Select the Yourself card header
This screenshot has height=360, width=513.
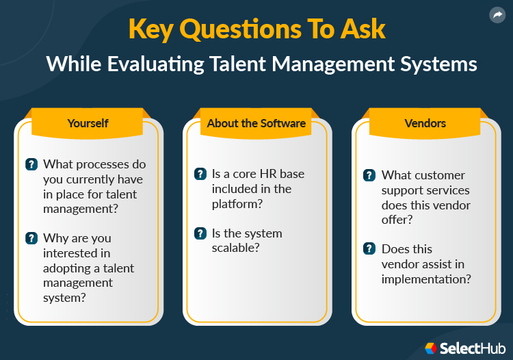88,123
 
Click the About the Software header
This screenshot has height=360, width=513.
256,123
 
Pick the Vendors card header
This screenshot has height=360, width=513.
425,123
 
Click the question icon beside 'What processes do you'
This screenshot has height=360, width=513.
31,164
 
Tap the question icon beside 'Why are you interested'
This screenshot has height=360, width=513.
31,238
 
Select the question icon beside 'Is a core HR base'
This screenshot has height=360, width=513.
200,174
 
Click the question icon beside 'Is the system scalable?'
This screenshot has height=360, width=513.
200,233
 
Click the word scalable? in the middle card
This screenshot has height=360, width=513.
236,248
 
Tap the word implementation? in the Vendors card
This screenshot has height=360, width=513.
426,279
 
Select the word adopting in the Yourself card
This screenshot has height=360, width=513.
65,268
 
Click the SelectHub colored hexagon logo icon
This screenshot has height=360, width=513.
431,348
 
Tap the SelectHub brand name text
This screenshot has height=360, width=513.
471,348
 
